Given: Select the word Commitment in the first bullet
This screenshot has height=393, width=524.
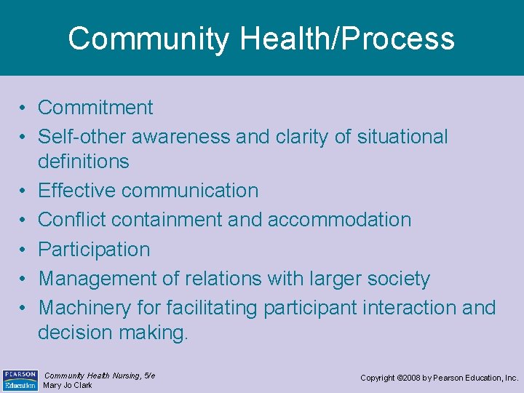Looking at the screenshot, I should (95, 108).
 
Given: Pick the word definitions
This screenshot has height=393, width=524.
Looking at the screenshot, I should (83, 162).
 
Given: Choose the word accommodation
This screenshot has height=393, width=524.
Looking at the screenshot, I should (339, 220).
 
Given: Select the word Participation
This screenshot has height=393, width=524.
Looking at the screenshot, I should (94, 250).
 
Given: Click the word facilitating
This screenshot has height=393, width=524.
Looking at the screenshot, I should (212, 309).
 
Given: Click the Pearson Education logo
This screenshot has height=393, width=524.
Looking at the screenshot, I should (20, 380).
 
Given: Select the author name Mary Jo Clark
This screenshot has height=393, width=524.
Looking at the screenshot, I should (68, 385).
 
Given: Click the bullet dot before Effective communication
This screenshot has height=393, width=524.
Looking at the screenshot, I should (24, 191).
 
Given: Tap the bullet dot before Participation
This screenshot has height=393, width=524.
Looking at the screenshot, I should (24, 250).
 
